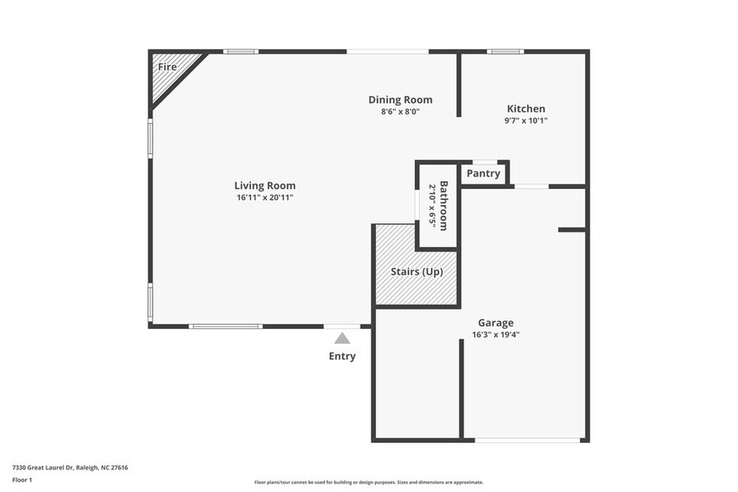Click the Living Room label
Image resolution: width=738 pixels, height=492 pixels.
(x=264, y=186)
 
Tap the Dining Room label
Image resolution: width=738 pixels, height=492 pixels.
(x=400, y=100)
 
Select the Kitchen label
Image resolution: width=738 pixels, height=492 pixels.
(x=526, y=109)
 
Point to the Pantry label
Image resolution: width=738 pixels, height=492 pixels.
(x=484, y=174)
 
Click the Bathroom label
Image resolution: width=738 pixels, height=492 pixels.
(x=444, y=206)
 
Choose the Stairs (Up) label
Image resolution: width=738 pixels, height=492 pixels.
(x=417, y=272)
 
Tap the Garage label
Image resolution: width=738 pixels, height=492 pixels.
(x=495, y=323)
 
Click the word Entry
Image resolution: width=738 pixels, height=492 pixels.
(x=342, y=356)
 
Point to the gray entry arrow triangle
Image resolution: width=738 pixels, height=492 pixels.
(x=342, y=339)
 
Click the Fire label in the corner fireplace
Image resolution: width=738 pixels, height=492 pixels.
(x=167, y=66)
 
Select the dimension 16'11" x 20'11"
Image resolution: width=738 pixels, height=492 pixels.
(x=264, y=197)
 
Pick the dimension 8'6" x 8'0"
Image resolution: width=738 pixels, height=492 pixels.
(x=400, y=111)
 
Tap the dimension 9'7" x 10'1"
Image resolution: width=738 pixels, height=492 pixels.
(x=526, y=120)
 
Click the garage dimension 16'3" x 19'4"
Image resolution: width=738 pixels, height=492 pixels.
(x=495, y=335)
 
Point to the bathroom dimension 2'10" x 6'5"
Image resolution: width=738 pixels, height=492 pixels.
(x=433, y=206)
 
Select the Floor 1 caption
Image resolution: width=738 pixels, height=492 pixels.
(x=22, y=479)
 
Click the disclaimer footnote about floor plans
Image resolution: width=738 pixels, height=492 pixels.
(x=369, y=483)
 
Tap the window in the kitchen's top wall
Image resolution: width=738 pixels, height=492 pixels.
(x=505, y=52)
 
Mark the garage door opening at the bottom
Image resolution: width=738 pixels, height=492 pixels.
(x=527, y=439)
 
